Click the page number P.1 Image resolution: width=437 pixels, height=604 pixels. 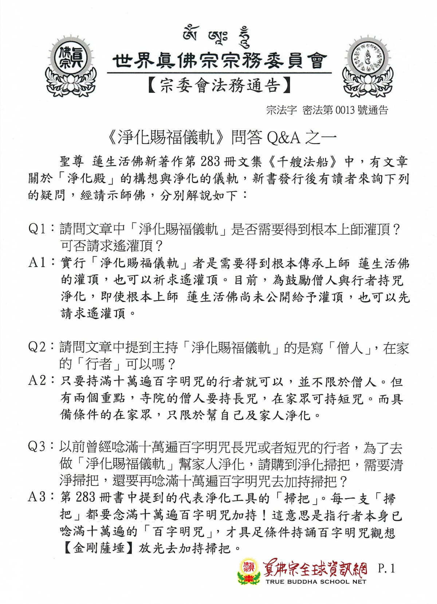tap(386, 568)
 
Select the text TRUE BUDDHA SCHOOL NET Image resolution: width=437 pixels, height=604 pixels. tap(315, 581)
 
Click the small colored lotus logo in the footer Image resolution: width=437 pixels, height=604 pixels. tap(249, 572)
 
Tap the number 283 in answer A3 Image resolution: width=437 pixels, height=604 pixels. tap(86, 497)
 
